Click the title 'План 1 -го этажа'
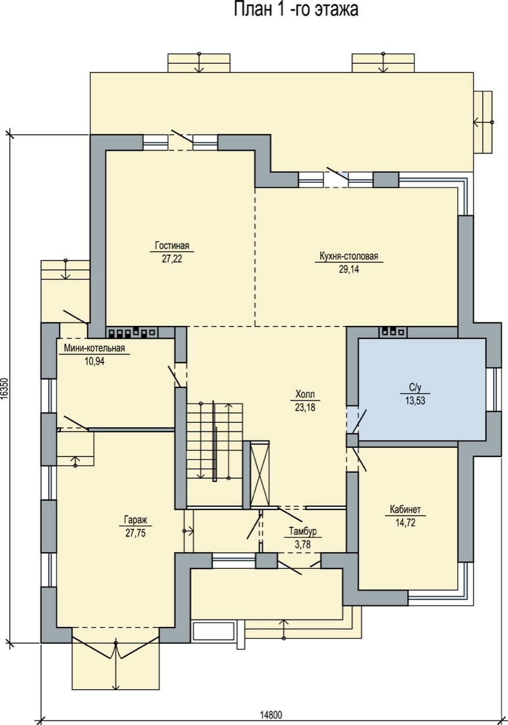(296, 9)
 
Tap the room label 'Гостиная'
(172, 245)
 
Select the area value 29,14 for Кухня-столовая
(349, 269)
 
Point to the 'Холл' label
(305, 394)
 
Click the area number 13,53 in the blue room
(415, 401)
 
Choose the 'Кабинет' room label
(405, 509)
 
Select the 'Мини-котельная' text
(94, 348)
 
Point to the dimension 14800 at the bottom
(271, 713)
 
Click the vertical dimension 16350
(4, 389)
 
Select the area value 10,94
(95, 361)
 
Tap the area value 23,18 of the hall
(305, 407)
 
